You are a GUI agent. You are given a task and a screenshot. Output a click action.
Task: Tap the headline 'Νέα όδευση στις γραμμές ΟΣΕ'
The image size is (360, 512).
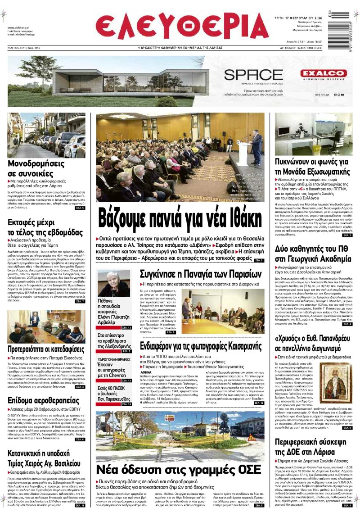coord(179,468)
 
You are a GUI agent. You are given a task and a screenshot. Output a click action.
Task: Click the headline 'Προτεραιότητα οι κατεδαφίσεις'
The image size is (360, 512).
coord(46,349)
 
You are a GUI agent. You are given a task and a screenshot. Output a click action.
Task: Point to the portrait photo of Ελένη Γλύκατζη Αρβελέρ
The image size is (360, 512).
coord(114,283)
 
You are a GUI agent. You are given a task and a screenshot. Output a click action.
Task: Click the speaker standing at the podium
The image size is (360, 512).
coord(256,146)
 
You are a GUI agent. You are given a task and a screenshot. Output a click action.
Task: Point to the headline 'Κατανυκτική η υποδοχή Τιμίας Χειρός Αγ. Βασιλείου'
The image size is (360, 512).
coord(39,458)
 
